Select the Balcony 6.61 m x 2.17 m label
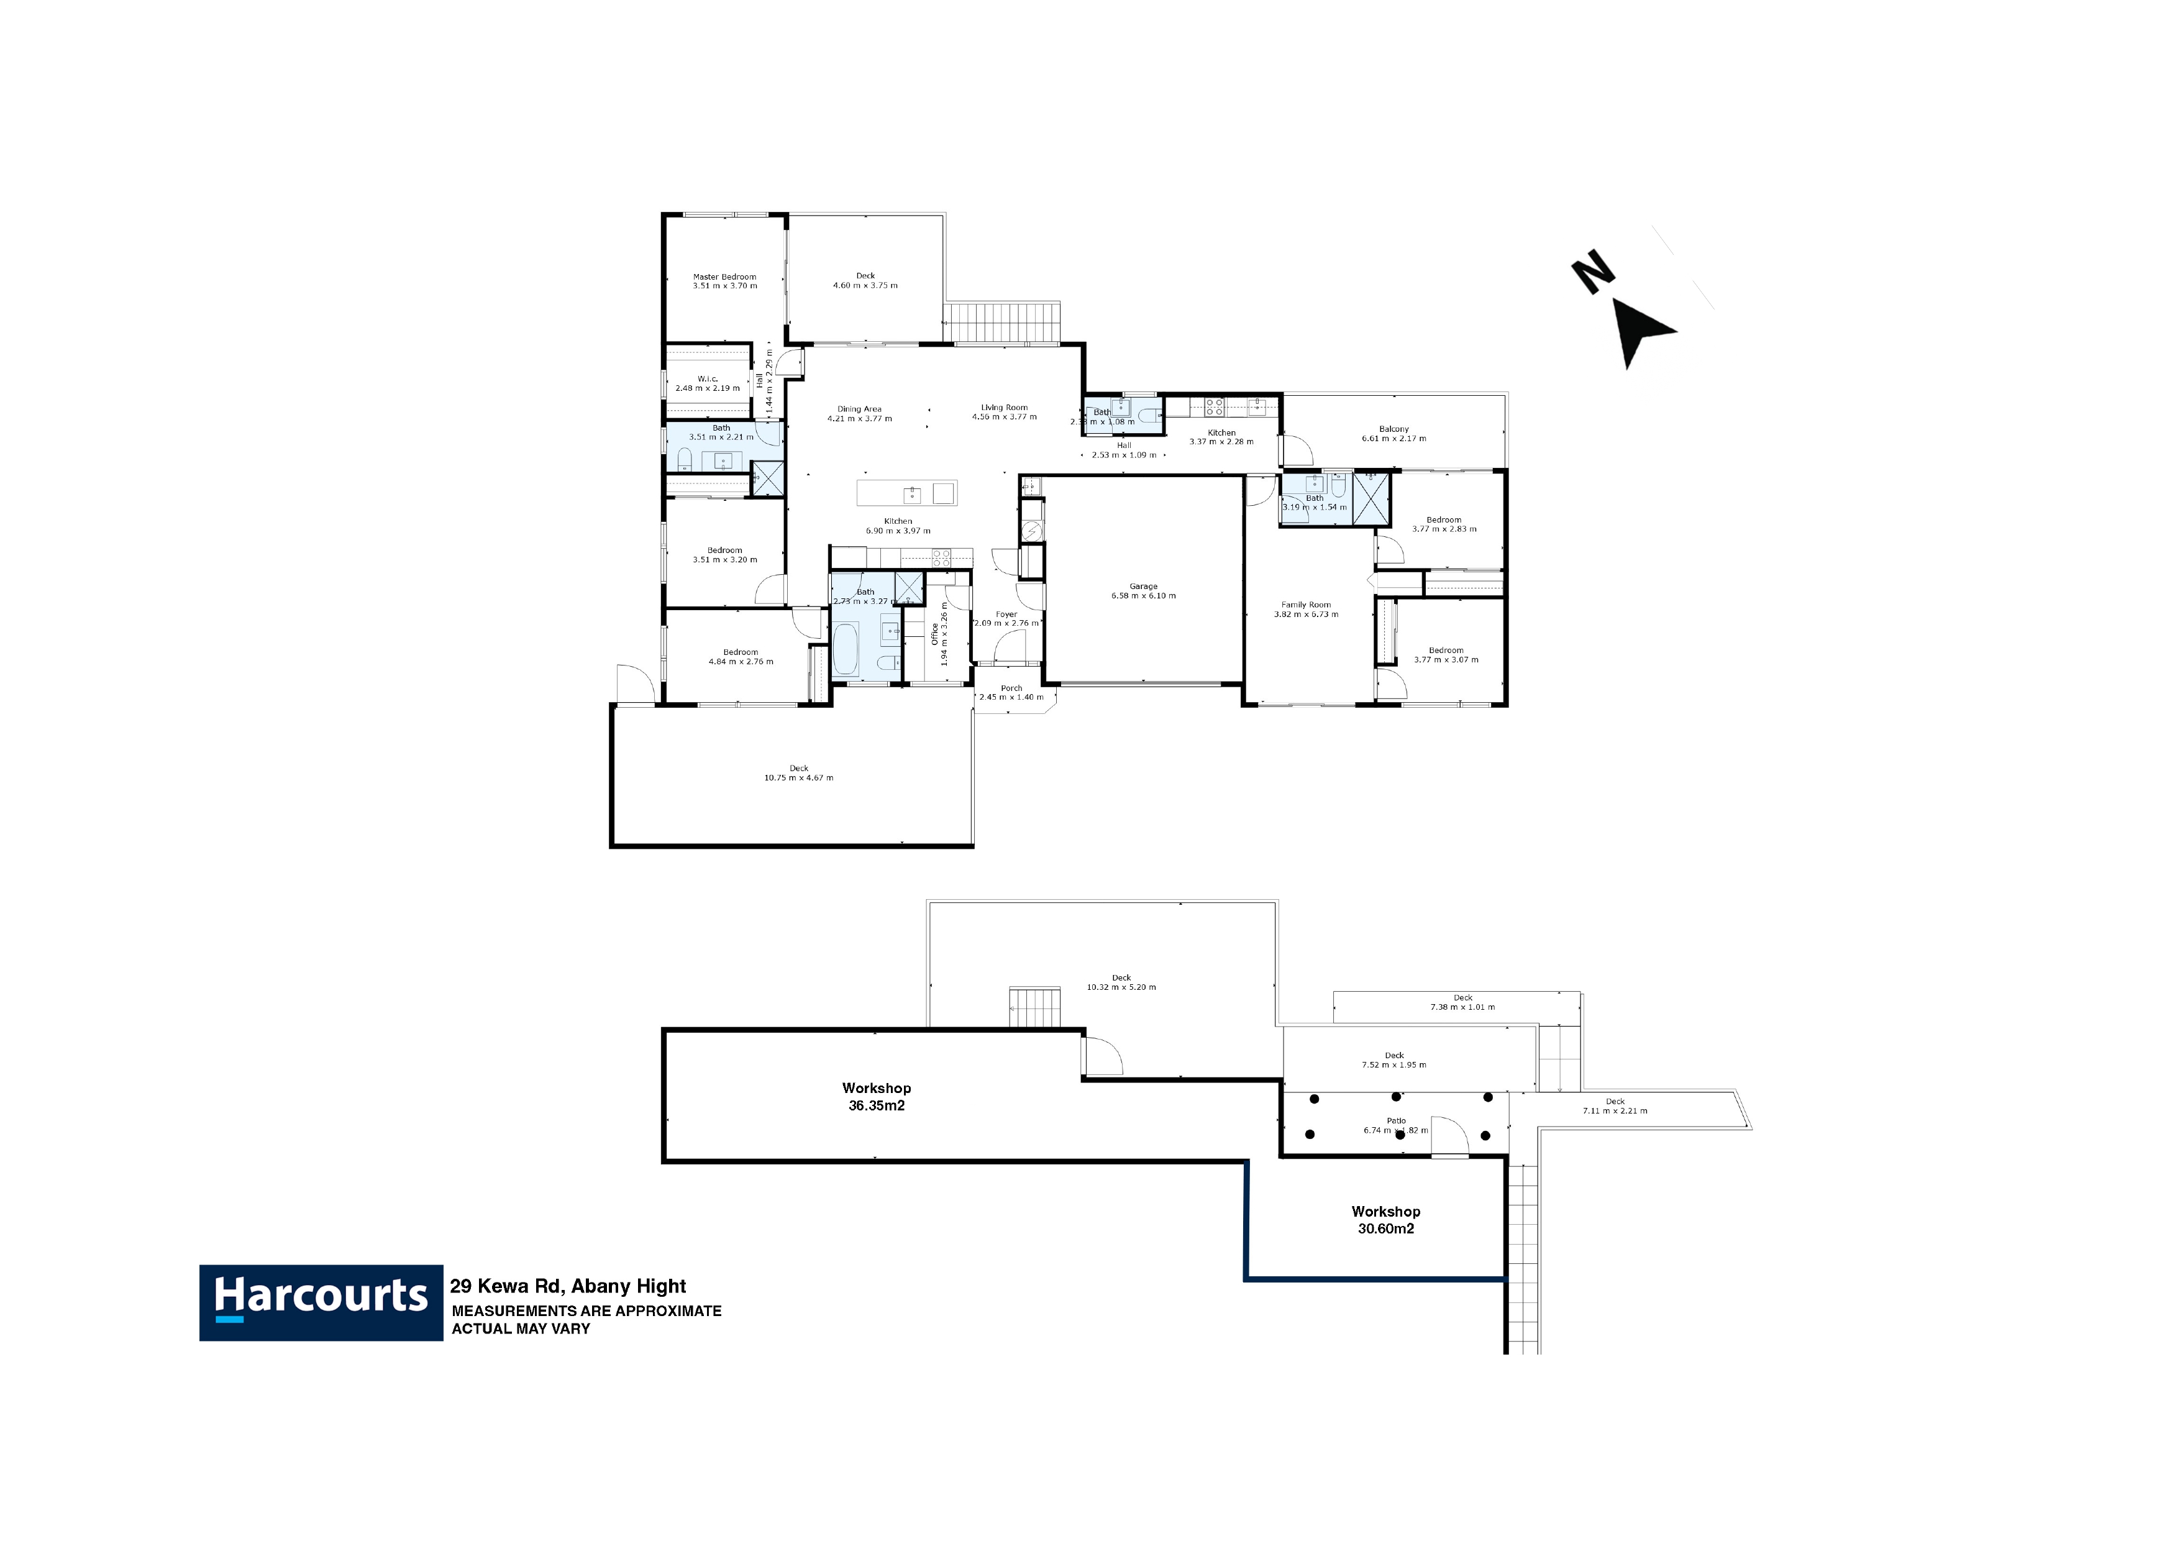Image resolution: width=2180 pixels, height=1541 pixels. tap(1394, 434)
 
